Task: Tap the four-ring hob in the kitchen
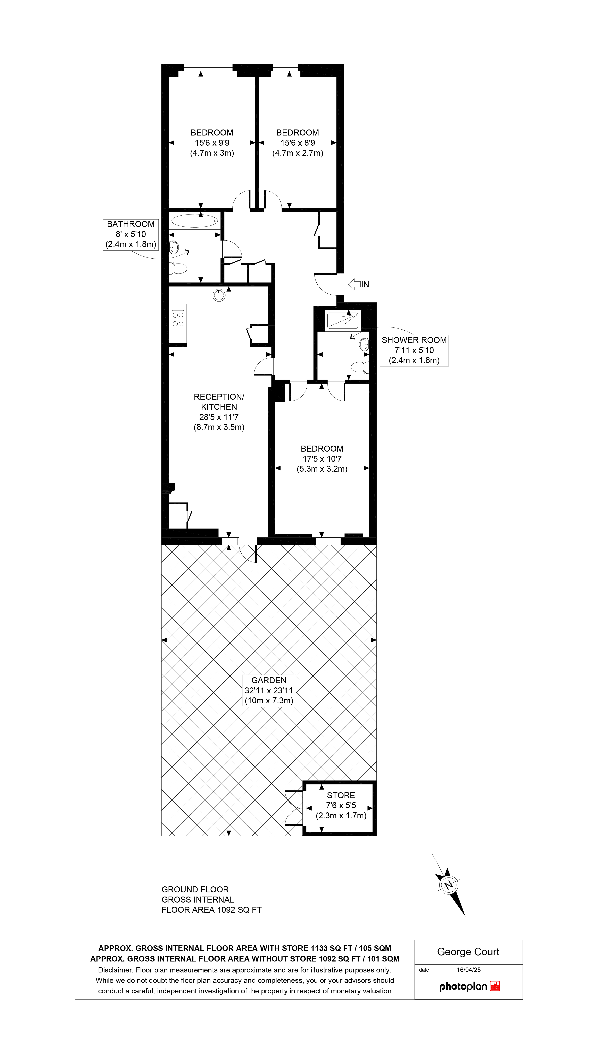[x=178, y=319]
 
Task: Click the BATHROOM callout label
[x=131, y=234]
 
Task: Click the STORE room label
[x=341, y=795]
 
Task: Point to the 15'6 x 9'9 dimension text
[x=212, y=143]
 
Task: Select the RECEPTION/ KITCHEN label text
[x=219, y=402]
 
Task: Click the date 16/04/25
[x=469, y=970]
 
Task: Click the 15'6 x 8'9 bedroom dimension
[x=298, y=143]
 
